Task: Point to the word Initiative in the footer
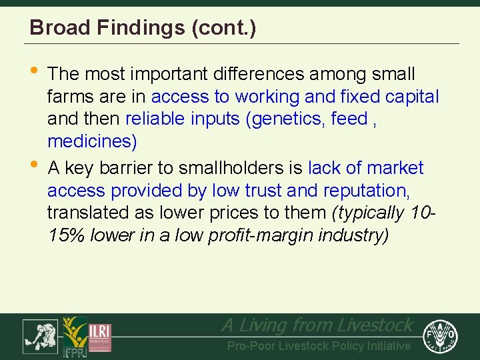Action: coord(387,346)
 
